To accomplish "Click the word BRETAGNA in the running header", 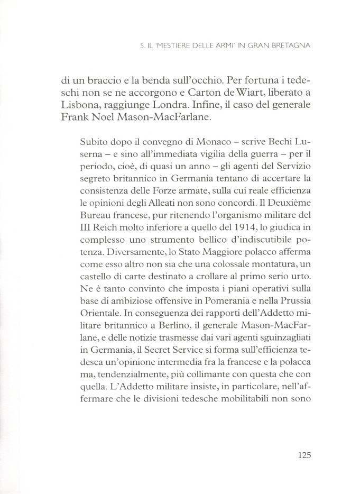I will (x=288, y=46).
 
